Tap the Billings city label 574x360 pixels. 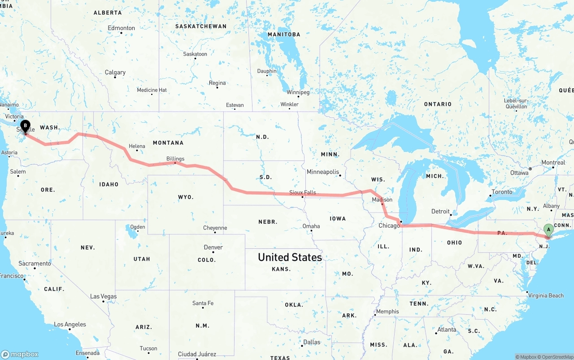(x=175, y=159)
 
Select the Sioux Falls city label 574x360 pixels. (x=302, y=193)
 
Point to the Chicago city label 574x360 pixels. (x=389, y=226)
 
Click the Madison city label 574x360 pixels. (x=382, y=200)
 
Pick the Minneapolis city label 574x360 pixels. (x=322, y=172)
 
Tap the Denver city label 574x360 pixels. (x=213, y=247)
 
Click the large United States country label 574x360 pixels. (x=290, y=257)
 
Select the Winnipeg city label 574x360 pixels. (x=298, y=92)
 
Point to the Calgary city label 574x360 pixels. (x=115, y=72)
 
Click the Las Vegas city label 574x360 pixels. (x=103, y=296)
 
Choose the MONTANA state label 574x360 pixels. (x=168, y=143)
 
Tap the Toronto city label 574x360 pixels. (x=502, y=192)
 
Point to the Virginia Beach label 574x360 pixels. (x=546, y=295)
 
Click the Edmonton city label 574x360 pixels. (x=121, y=28)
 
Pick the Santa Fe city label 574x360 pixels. (x=203, y=303)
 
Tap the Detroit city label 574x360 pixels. (x=440, y=211)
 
